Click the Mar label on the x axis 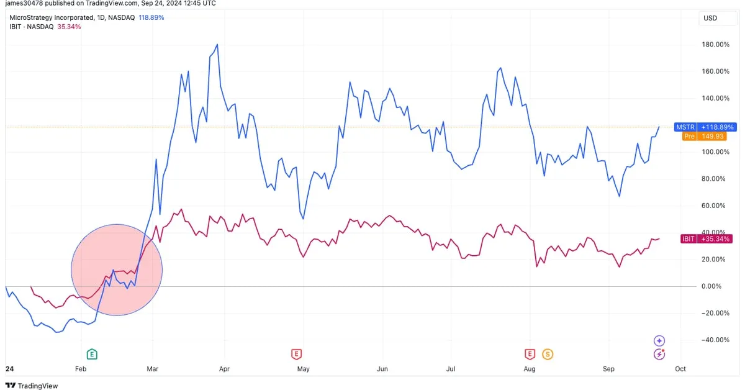point(152,369)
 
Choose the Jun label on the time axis point(382,369)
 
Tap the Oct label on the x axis point(680,369)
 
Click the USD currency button point(710,18)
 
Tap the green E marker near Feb point(92,355)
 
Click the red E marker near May point(296,355)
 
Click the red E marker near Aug point(530,355)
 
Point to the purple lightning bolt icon point(659,355)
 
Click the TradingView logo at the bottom point(32,386)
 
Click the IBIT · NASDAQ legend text point(31,27)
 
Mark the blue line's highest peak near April point(217,45)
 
